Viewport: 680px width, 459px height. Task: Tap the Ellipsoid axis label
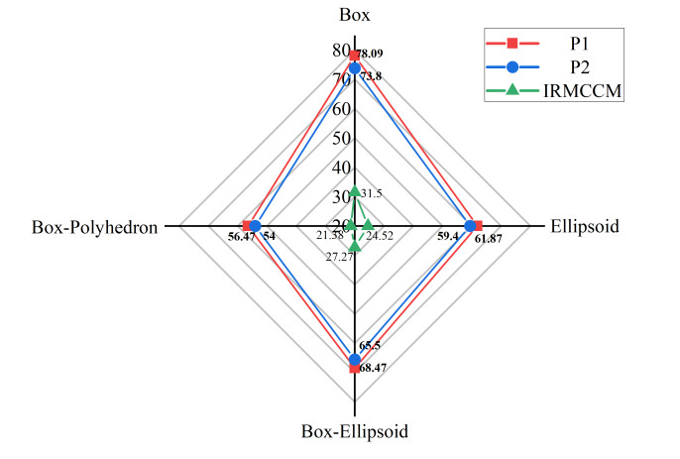point(584,226)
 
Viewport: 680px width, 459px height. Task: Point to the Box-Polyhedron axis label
point(95,227)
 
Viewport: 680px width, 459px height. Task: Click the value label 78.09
point(371,53)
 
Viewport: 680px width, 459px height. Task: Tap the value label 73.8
point(371,76)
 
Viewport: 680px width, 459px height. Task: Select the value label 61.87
point(489,239)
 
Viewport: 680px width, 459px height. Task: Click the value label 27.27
point(339,257)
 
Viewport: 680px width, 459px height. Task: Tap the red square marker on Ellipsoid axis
point(478,226)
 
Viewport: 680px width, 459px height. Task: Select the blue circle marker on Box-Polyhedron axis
point(255,226)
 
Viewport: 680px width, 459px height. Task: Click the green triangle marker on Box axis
point(355,192)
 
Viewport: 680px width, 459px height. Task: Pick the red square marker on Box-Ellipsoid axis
point(355,368)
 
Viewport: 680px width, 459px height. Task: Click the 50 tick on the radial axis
point(340,138)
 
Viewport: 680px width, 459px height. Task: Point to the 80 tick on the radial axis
point(340,51)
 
